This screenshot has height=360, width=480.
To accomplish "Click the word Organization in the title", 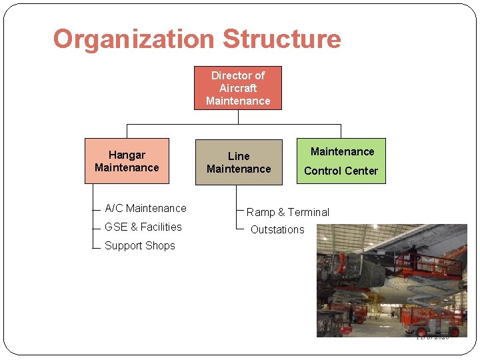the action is [134, 39].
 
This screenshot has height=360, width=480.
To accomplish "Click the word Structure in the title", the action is [281, 39].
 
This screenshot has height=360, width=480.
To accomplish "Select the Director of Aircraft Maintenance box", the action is [238, 88].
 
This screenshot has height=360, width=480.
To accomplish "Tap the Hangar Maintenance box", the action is [127, 161].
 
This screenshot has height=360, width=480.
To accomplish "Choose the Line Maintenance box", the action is [239, 162].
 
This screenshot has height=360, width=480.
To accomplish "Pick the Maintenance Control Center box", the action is [341, 161].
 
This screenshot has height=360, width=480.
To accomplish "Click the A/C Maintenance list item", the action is [145, 209].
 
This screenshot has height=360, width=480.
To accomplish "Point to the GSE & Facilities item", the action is [143, 227].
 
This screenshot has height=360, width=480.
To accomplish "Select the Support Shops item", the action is [140, 246].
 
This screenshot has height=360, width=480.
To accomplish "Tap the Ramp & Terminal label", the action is [288, 213].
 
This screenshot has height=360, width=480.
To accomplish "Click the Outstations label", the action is [277, 230].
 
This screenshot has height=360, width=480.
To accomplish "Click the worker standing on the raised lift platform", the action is [414, 257].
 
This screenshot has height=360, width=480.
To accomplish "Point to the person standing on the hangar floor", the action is [350, 314].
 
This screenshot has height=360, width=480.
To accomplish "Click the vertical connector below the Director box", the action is [238, 117].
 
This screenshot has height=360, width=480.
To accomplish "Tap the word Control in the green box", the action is [323, 171].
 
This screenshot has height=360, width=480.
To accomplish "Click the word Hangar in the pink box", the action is [127, 155].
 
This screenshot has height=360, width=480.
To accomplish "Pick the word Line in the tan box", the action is [239, 156].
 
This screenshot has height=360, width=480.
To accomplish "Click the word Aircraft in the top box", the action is [238, 88].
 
